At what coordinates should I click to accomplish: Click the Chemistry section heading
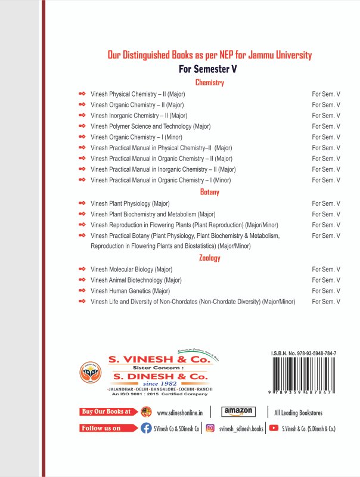pos(209,83)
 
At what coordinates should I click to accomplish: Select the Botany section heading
pos(209,192)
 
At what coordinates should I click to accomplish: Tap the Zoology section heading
pos(209,258)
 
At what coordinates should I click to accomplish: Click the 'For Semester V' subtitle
pos(209,69)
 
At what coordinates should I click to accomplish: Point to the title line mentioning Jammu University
pos(209,55)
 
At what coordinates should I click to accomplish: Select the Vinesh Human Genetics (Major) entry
pos(131,291)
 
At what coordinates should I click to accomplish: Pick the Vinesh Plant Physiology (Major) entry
pos(130,203)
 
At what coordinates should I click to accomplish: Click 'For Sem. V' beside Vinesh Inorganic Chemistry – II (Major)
pos(326,116)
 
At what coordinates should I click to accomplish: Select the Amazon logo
pos(238,411)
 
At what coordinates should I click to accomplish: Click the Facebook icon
pos(145,428)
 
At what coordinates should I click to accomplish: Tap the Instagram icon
pos(210,428)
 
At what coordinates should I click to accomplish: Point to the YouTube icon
pos(274,428)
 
